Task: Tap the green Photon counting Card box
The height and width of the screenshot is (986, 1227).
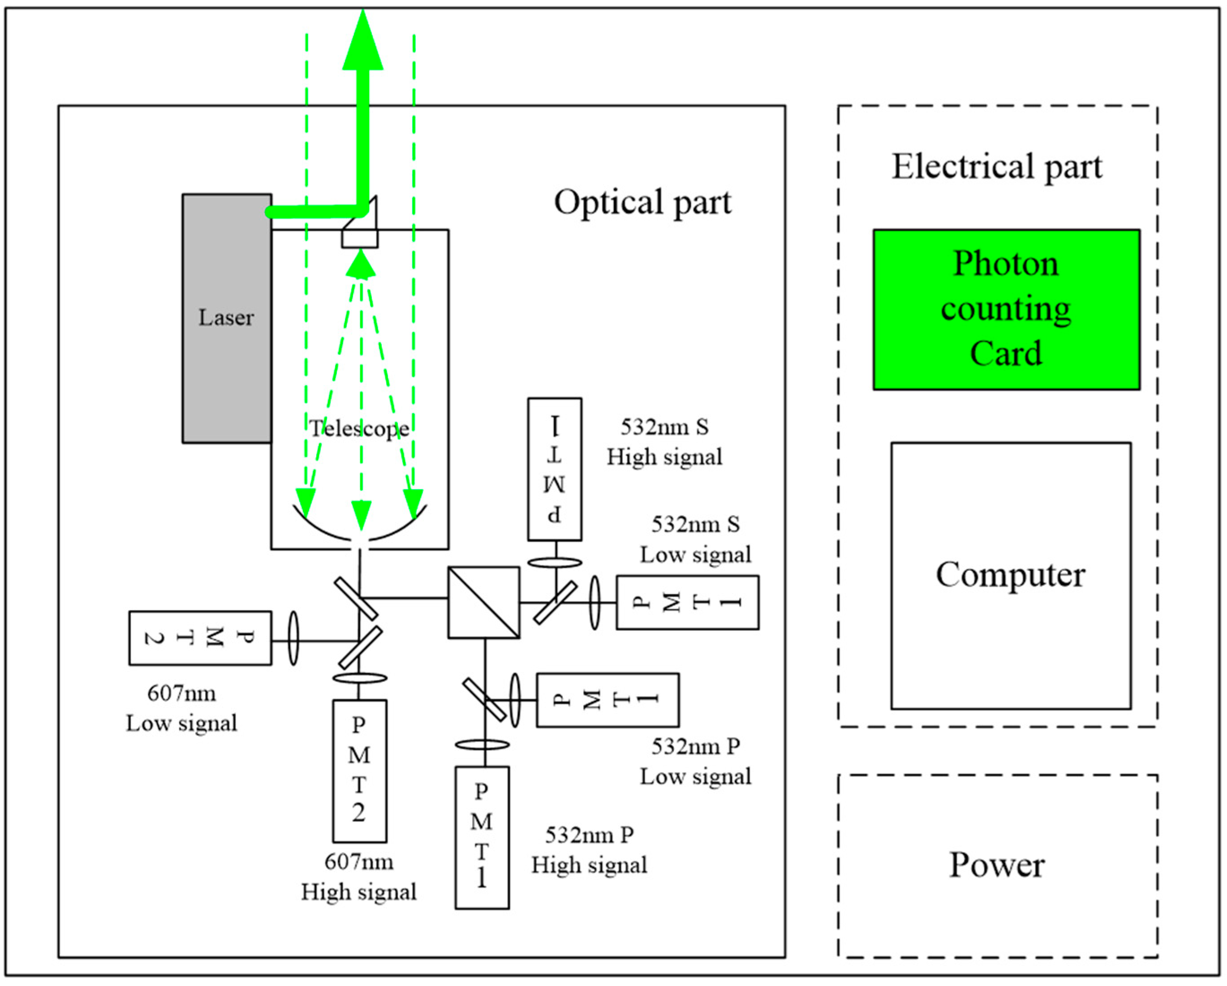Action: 1006,310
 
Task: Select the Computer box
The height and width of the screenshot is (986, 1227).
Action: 1011,575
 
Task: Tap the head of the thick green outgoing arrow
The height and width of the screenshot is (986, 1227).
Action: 362,43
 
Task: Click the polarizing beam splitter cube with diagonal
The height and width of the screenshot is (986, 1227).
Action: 484,602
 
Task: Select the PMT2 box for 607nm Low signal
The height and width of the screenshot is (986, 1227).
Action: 200,638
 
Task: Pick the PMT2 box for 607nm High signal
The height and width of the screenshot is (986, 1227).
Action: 359,771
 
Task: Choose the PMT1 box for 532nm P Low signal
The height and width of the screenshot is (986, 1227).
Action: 607,700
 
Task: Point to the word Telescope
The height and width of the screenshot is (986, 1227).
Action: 359,428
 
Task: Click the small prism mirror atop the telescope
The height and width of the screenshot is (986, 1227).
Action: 360,228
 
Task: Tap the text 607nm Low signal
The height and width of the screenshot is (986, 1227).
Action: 181,708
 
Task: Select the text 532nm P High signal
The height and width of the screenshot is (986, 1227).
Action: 589,850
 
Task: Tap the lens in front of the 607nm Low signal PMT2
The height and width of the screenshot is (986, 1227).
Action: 293,638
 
